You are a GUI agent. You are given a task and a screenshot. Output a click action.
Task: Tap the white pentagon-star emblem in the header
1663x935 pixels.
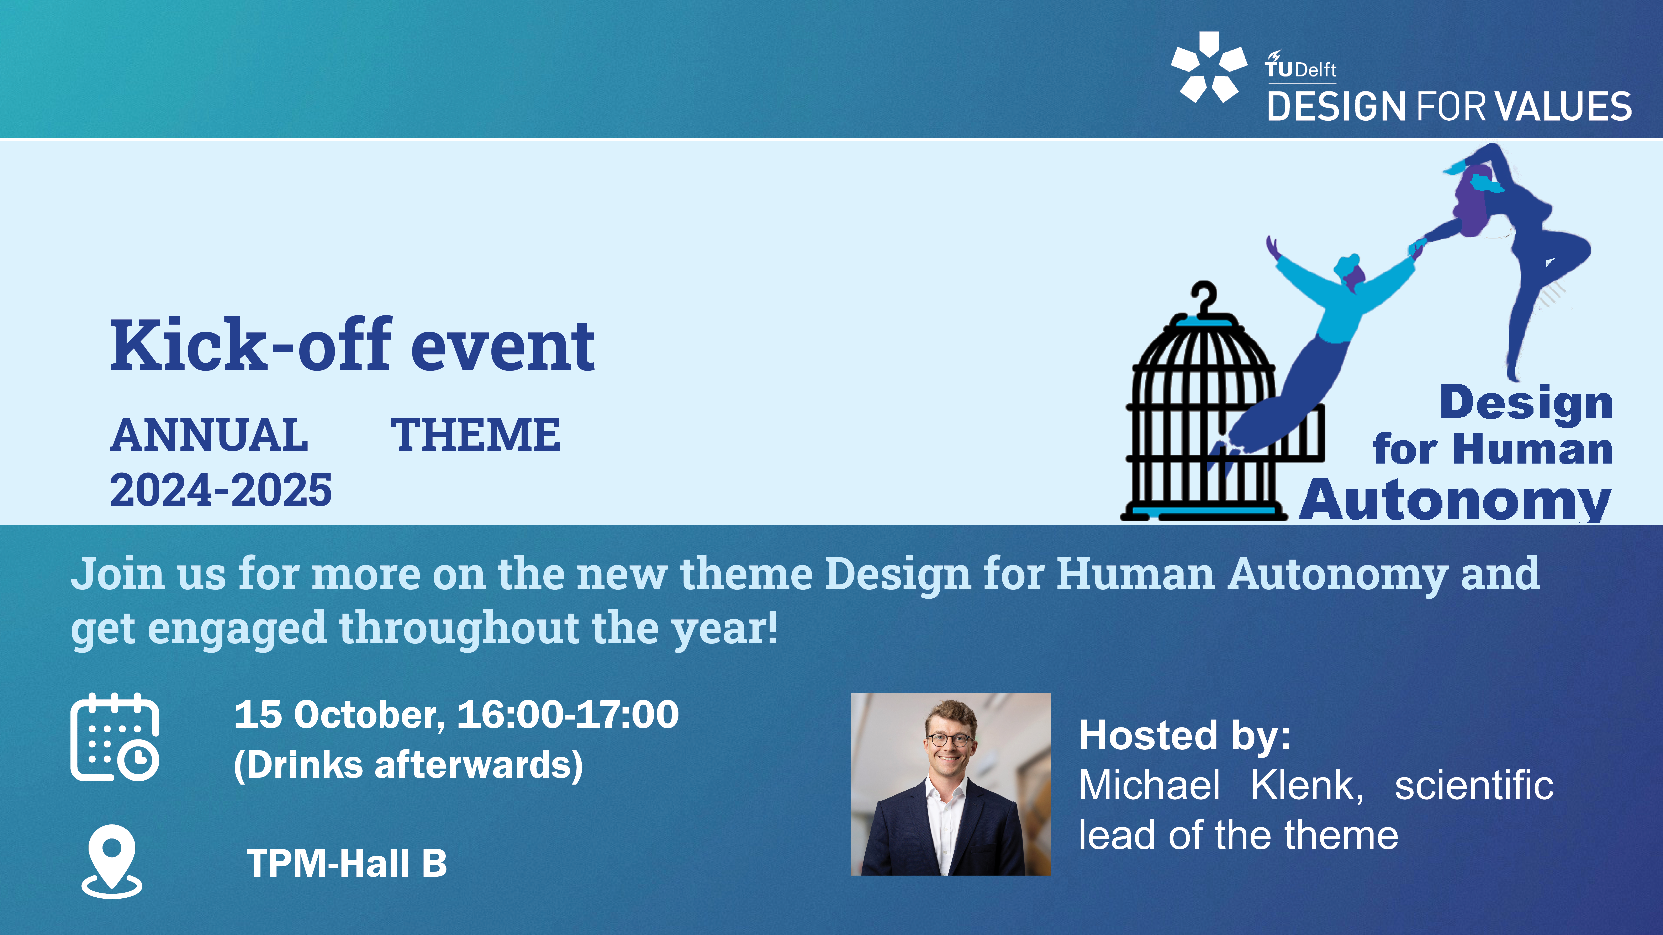click(x=1209, y=67)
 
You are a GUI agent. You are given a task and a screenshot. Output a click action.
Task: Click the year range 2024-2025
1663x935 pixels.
click(x=221, y=490)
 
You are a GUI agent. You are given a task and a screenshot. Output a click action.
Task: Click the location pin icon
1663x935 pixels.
click(x=112, y=861)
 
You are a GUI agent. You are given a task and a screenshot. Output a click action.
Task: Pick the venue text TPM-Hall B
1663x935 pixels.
click(x=347, y=863)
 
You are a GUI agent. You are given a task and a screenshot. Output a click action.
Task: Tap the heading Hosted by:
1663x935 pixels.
click(x=1185, y=736)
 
